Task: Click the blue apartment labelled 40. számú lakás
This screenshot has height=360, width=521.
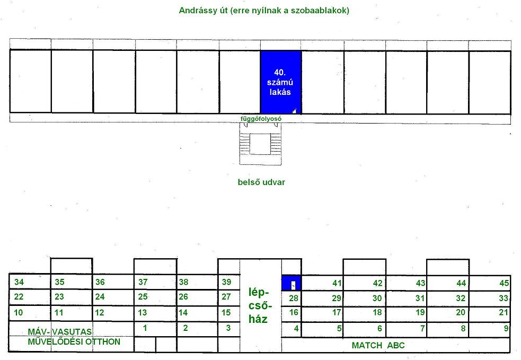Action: click(x=281, y=82)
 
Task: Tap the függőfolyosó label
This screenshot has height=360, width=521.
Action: click(x=261, y=119)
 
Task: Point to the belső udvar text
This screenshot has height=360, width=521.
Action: click(x=261, y=182)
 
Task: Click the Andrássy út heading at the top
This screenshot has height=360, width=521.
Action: click(x=264, y=10)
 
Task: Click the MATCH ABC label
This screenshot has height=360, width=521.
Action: click(x=378, y=345)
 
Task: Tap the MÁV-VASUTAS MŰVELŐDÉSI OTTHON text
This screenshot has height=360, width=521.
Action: click(x=74, y=337)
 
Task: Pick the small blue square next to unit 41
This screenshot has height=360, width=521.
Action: click(x=292, y=283)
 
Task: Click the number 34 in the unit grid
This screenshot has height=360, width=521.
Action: click(x=19, y=282)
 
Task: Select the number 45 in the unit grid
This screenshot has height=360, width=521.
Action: click(x=504, y=283)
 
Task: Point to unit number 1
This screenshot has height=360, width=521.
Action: click(x=145, y=328)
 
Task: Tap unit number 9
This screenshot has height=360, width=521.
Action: click(x=506, y=328)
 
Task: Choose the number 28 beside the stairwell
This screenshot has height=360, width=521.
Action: click(x=294, y=298)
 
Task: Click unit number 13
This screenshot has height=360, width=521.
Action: click(x=142, y=312)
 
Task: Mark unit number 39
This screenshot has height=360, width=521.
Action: click(x=226, y=282)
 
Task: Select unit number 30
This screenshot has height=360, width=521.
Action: click(x=377, y=298)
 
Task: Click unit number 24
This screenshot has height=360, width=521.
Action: click(x=100, y=296)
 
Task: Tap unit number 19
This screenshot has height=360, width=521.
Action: click(x=420, y=312)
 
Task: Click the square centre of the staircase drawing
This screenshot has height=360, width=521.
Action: click(x=260, y=144)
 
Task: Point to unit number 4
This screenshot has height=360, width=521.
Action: click(x=296, y=328)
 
